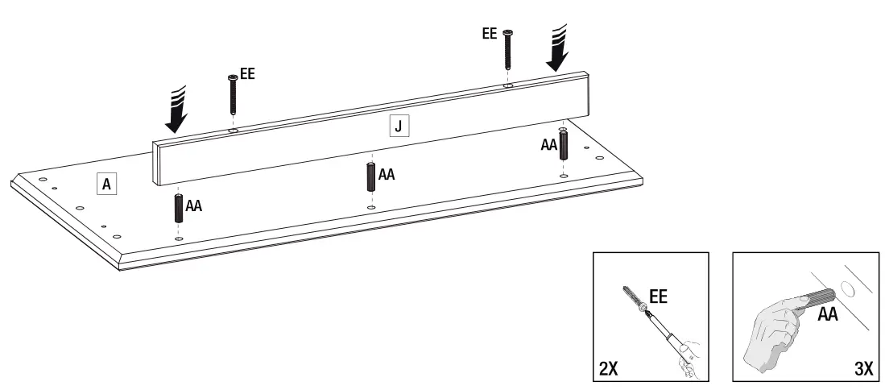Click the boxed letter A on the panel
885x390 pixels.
coord(105,184)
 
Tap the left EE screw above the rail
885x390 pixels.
coord(232,95)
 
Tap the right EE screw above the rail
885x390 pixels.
coord(507,48)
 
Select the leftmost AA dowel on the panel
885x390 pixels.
coord(177,210)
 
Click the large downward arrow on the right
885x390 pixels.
coord(558,48)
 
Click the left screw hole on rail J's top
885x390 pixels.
coord(233,129)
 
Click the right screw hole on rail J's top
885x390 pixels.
coord(508,84)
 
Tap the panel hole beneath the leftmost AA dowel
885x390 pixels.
coord(177,239)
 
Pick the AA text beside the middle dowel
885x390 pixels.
coord(387,174)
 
